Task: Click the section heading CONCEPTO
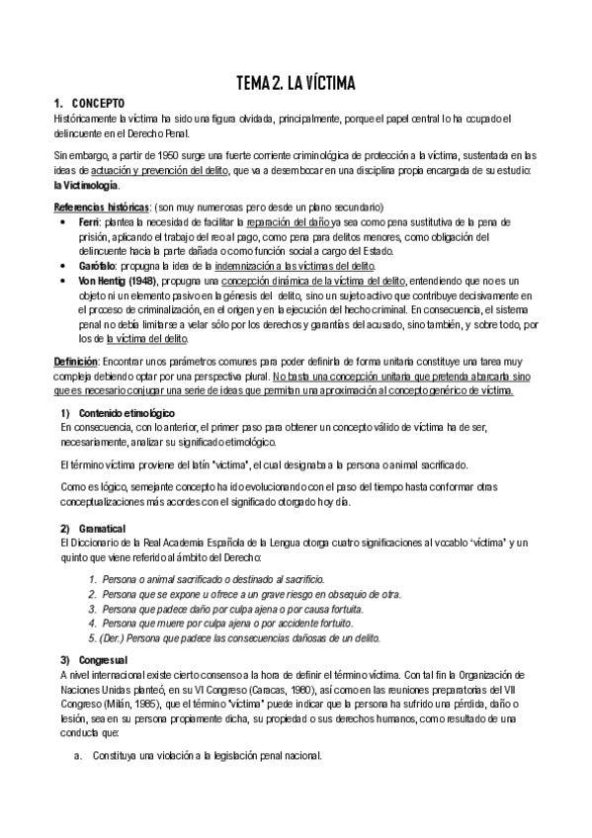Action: [97, 103]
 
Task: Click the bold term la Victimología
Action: [88, 185]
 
